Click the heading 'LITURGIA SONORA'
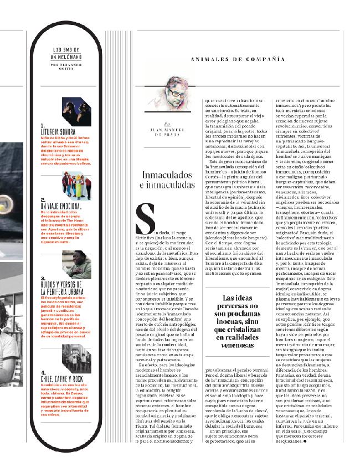coord(58,132)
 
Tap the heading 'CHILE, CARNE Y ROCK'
coord(62,379)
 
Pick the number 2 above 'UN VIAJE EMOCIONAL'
coord(43,199)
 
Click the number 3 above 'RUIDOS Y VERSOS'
coord(43,278)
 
